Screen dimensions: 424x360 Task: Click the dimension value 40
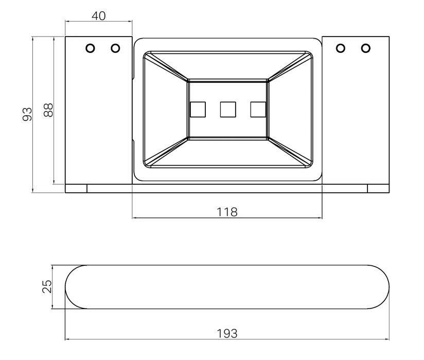click(98, 16)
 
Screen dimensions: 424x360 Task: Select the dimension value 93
click(27, 114)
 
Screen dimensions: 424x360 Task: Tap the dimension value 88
click(48, 110)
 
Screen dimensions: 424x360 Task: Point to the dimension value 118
click(227, 212)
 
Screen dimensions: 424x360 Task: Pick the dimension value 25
click(47, 286)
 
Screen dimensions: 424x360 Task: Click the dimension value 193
click(227, 334)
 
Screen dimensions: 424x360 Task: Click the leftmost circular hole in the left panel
click(91, 48)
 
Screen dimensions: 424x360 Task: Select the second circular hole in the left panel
click(115, 48)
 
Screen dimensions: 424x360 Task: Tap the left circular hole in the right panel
click(341, 48)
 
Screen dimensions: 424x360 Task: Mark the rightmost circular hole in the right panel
click(365, 48)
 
